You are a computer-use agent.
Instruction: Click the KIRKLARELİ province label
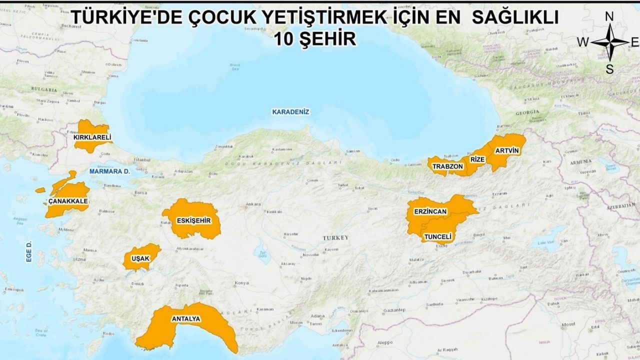coord(92,137)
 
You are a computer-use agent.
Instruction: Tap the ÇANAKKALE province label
coord(68,201)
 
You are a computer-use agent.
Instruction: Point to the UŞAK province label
coord(140,258)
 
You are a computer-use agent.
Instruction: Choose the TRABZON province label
coord(447,166)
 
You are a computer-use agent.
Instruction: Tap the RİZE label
coord(478,159)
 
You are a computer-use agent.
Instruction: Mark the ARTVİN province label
coord(507,150)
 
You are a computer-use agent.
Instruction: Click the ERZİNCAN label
coord(430,212)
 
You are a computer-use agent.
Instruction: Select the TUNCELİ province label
coord(437,236)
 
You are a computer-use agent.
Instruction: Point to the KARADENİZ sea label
coord(290,112)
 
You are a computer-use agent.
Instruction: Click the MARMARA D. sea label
coord(110,171)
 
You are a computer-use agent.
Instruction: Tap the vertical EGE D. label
coord(29,251)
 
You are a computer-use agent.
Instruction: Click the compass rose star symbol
coord(609,42)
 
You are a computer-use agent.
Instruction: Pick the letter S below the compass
coord(609,69)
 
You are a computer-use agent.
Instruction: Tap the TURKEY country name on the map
coord(335,237)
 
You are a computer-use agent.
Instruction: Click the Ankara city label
coord(253,204)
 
